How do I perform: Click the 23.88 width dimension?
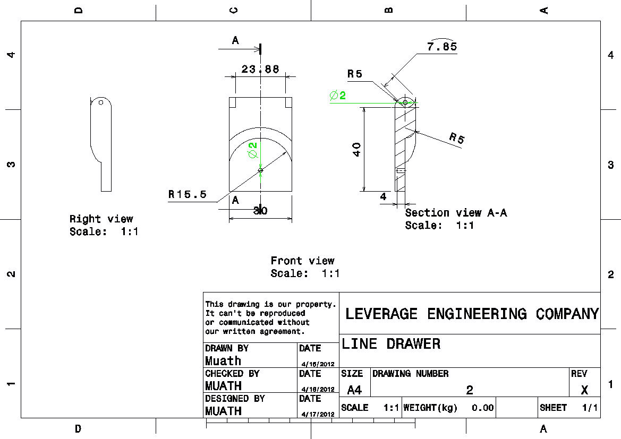pyautogui.click(x=260, y=69)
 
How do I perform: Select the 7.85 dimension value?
pyautogui.click(x=441, y=47)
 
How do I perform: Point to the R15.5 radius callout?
pyautogui.click(x=188, y=194)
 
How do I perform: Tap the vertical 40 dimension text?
pyautogui.click(x=356, y=149)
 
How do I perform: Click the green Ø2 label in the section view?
pyautogui.click(x=337, y=96)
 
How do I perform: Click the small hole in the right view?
pyautogui.click(x=100, y=102)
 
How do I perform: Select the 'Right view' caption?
pyautogui.click(x=101, y=219)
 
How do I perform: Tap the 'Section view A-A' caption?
pyautogui.click(x=456, y=213)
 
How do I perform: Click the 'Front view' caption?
pyautogui.click(x=302, y=261)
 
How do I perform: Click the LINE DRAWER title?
pyautogui.click(x=391, y=344)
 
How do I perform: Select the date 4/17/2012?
pyautogui.click(x=318, y=414)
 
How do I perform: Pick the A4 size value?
pyautogui.click(x=354, y=390)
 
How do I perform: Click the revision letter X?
pyautogui.click(x=584, y=390)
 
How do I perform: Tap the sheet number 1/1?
pyautogui.click(x=590, y=408)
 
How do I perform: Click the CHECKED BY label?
pyautogui.click(x=232, y=374)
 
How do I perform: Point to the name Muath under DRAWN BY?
pyautogui.click(x=223, y=361)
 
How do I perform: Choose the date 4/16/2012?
pyautogui.click(x=318, y=364)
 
